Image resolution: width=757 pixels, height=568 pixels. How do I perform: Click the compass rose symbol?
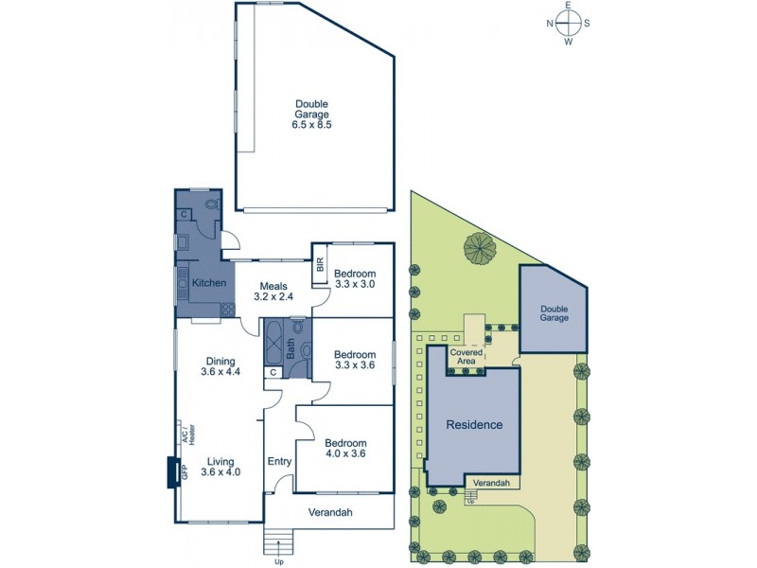(x=568, y=24)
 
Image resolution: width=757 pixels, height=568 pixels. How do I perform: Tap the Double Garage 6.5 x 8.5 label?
(x=311, y=114)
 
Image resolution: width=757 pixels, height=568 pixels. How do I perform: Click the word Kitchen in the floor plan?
(x=208, y=283)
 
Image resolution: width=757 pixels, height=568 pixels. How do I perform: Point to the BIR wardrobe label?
(x=320, y=267)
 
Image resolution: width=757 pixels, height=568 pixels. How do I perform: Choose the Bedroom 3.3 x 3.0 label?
(x=356, y=278)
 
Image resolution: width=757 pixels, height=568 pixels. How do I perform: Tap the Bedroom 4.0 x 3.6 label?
(x=344, y=447)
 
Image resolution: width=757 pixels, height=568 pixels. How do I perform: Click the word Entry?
(x=279, y=461)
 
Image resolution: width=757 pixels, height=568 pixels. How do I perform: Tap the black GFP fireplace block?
(x=172, y=471)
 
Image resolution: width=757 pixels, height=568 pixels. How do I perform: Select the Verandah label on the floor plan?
(x=330, y=512)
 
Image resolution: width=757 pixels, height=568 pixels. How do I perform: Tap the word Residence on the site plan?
(x=474, y=425)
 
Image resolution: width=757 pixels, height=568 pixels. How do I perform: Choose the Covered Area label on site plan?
(x=466, y=357)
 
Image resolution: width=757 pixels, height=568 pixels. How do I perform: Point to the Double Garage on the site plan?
(x=555, y=312)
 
